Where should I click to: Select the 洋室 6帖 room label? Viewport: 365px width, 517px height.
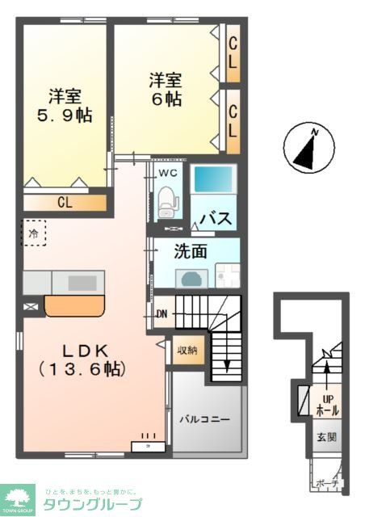coord(165,90)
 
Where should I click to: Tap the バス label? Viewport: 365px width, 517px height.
coord(216,219)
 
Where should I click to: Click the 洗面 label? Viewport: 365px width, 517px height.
coord(191,251)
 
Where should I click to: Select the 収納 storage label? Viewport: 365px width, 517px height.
coord(187,350)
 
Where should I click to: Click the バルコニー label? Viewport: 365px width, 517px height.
coord(205,420)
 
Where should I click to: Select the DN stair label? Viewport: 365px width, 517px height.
coord(161,314)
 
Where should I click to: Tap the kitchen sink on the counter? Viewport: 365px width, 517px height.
coord(81,283)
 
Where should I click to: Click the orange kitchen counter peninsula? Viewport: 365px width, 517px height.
coord(75,305)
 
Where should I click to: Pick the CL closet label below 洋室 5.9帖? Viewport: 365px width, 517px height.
coord(64,202)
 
